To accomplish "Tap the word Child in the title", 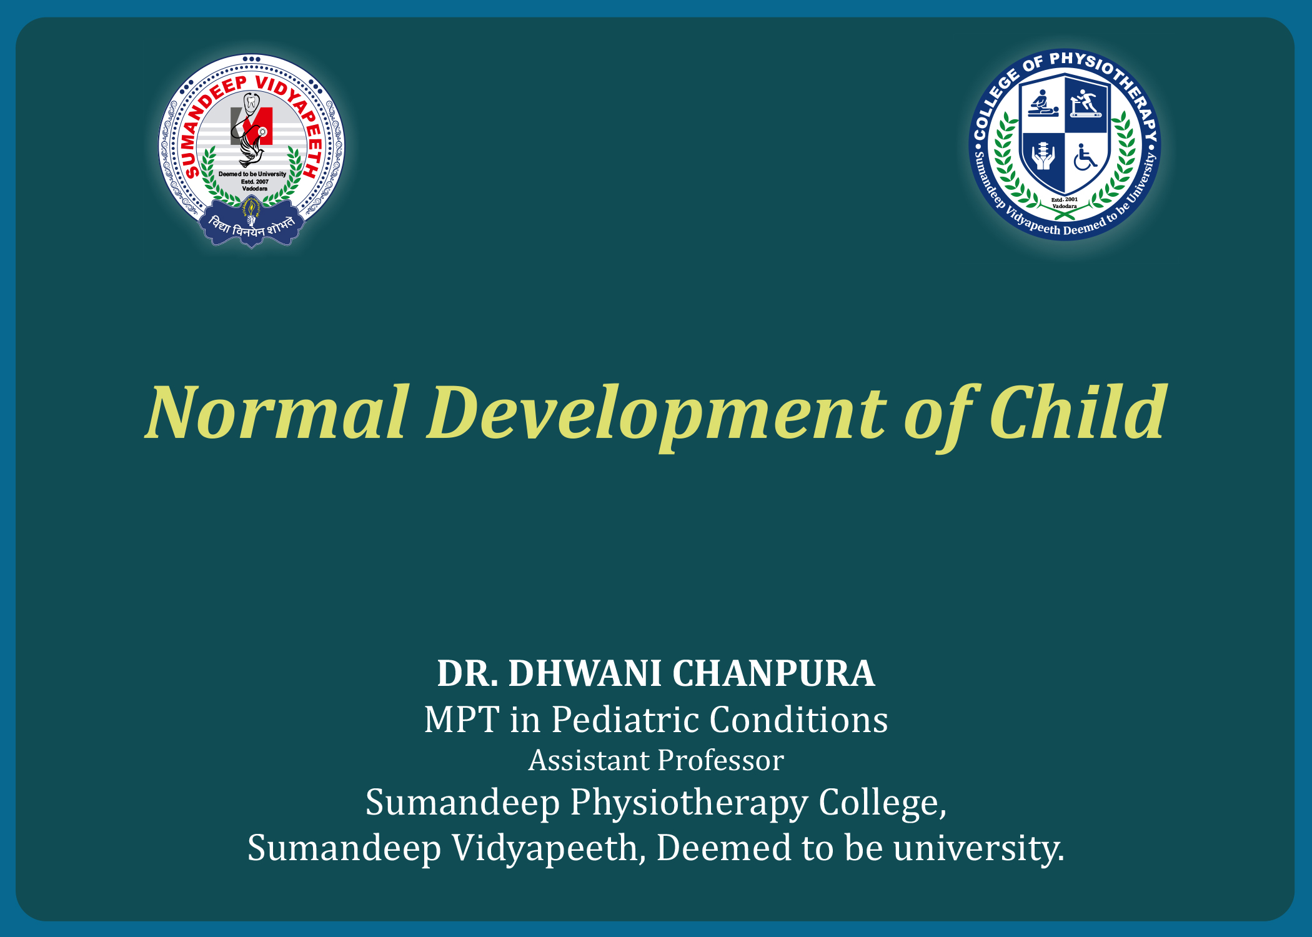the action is coord(1078,412).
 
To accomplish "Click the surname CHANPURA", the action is coord(773,673).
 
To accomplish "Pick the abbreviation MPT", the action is coord(462,720).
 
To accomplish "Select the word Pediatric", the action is coord(625,720).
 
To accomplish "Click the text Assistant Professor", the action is coord(656,760).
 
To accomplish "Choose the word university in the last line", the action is coord(978,848).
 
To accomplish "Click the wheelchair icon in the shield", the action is coord(1085,157).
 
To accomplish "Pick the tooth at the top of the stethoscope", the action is coord(251,102).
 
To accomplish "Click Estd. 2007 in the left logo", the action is coord(254,182).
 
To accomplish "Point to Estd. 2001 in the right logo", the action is coord(1065,200).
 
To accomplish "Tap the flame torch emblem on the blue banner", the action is coord(251,211).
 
